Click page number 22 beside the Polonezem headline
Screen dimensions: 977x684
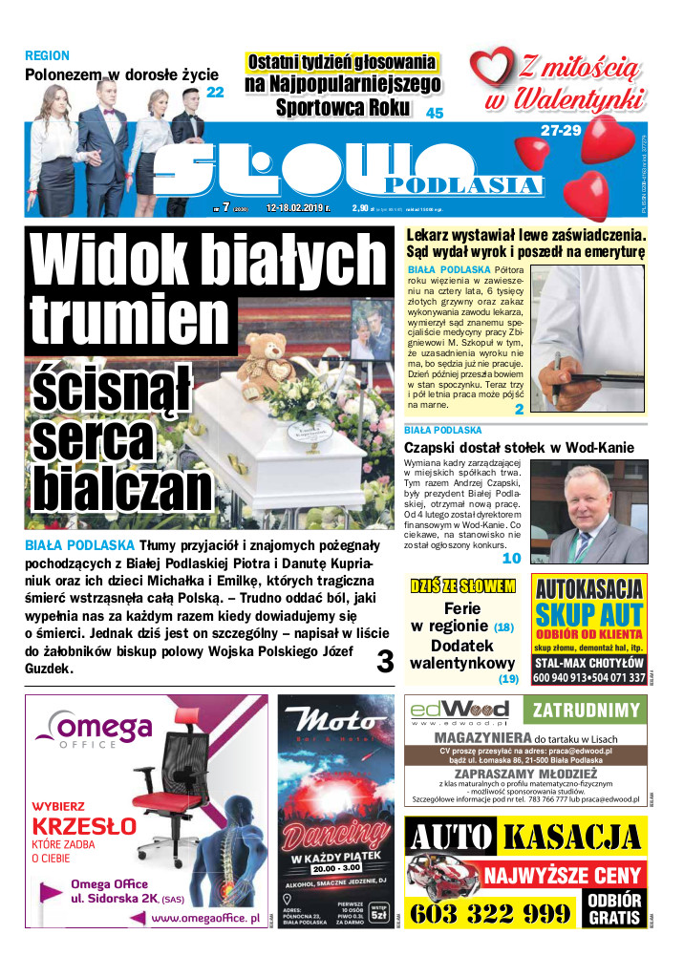coord(215,93)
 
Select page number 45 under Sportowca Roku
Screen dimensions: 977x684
coord(435,113)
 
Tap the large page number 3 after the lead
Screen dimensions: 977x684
coord(386,661)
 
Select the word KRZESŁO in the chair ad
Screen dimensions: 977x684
coord(84,826)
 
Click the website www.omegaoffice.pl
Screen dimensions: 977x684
coord(205,918)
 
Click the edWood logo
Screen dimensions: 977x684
coord(460,711)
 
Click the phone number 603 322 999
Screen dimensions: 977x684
coord(490,914)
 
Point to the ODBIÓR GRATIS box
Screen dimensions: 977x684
coord(614,909)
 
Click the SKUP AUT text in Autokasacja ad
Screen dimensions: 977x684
coord(589,613)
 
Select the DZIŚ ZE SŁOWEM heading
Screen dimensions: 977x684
coord(463,584)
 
